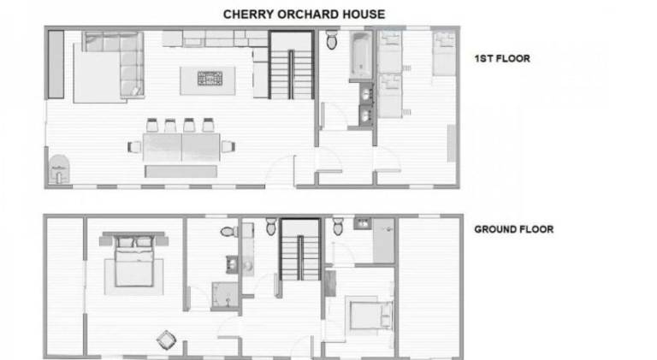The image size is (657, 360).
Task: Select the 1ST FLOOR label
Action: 502,59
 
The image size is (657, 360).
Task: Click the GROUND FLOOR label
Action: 513,229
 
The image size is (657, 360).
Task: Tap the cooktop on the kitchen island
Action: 210,79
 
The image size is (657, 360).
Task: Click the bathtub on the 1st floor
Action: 361,56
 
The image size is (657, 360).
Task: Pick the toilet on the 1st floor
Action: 332,40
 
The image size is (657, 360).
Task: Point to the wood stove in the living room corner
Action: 59,169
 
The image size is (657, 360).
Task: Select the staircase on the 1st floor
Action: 291,65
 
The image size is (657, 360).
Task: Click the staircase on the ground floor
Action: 300,251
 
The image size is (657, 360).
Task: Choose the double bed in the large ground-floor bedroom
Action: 133,261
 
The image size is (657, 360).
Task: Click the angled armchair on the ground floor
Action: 166,340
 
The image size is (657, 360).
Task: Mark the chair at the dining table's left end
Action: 134,147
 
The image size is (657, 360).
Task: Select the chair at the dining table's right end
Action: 228,146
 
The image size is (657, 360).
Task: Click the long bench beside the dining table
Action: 181,171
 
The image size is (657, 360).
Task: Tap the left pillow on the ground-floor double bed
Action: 126,242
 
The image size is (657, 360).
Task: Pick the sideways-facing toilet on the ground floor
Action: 228,232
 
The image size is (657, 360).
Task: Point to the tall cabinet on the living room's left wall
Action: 56,64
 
